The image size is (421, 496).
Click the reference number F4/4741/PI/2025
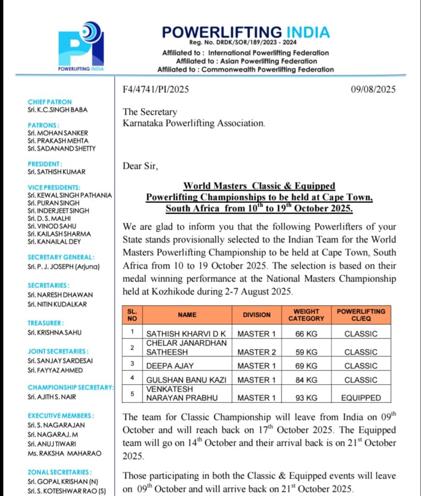click(156, 89)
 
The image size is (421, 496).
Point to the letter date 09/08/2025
click(373, 89)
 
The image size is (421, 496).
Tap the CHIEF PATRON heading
click(49, 102)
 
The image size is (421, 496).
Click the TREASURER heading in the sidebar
click(46, 323)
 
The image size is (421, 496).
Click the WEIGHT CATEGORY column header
click(306, 315)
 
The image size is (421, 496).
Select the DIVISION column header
click(257, 315)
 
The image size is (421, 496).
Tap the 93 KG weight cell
click(306, 398)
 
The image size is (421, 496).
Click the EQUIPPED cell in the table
click(361, 398)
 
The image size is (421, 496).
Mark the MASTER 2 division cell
click(257, 352)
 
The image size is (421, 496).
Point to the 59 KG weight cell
click(306, 352)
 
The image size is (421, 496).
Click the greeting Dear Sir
click(140, 166)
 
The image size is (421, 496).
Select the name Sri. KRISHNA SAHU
click(54, 332)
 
